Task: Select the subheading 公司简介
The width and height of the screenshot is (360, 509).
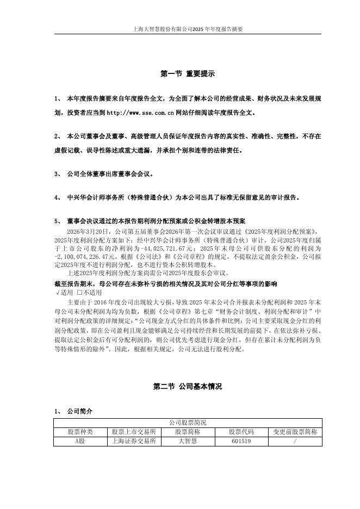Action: tap(79, 411)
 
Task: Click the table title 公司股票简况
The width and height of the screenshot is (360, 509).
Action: tap(188, 423)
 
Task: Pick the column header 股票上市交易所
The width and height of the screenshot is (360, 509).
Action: tap(134, 432)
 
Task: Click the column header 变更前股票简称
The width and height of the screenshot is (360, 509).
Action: tap(295, 432)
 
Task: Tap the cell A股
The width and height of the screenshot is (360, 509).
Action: tap(80, 441)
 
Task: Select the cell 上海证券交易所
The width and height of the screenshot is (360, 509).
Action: tap(134, 441)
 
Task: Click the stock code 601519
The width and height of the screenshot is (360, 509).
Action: tap(241, 441)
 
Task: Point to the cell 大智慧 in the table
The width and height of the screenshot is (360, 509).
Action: tap(187, 441)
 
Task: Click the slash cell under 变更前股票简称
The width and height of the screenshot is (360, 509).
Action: tap(295, 441)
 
